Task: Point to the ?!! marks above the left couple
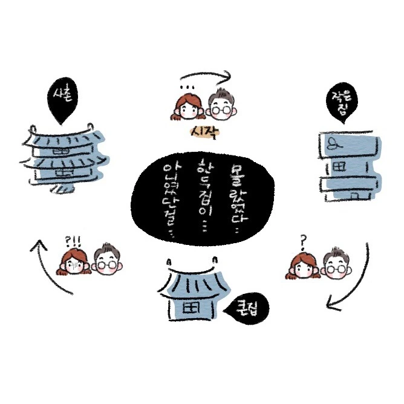point(74,241)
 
